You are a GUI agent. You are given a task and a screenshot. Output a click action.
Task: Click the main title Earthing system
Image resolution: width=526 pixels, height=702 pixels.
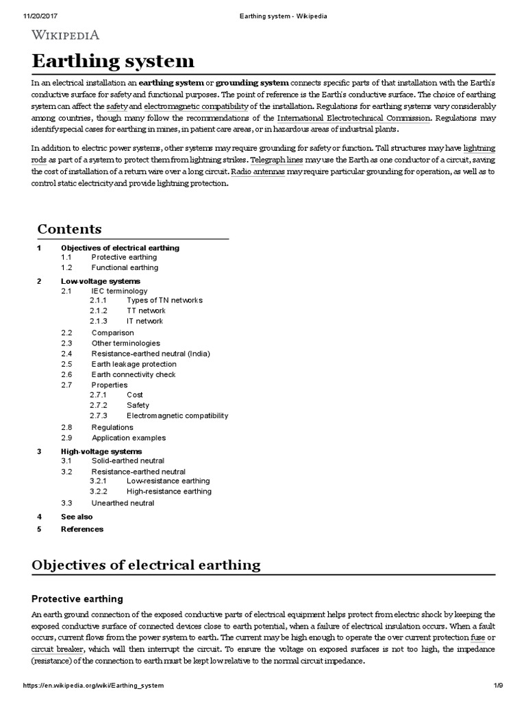point(113,61)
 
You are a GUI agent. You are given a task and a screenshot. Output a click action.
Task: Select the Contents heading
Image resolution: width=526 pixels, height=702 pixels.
point(69,229)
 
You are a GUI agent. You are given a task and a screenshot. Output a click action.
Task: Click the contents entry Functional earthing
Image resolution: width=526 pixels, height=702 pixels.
point(125,267)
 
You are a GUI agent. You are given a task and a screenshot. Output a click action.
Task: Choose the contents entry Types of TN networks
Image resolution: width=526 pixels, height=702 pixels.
point(164,300)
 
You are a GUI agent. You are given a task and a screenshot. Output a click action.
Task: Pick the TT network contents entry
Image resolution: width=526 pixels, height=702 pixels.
point(146,311)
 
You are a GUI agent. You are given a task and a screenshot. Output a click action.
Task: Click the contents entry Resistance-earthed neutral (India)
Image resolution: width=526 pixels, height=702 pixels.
point(151,354)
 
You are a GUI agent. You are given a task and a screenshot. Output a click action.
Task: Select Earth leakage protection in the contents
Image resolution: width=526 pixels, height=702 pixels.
point(134,364)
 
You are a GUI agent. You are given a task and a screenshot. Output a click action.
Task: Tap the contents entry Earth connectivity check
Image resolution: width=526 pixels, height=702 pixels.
point(134,375)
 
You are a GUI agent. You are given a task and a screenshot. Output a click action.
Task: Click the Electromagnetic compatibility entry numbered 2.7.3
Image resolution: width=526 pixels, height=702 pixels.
point(177,415)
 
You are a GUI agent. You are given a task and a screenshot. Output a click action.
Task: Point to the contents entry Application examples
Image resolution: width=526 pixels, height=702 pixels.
point(129,438)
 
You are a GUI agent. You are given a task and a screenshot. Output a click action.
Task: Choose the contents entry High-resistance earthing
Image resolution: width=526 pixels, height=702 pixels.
point(169,491)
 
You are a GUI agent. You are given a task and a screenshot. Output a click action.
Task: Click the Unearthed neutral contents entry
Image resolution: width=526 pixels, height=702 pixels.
point(123,503)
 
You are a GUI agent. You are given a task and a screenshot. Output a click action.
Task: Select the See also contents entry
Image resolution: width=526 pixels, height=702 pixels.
point(77,517)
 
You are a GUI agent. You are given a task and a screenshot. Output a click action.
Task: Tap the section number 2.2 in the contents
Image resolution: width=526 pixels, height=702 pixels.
point(66,332)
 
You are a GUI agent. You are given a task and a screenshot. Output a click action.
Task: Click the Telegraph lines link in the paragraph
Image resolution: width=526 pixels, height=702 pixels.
point(277,160)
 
